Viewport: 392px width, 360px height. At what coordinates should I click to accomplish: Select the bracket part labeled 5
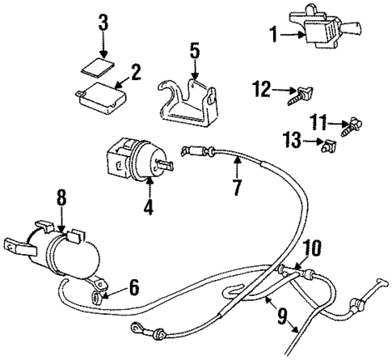tap(192, 104)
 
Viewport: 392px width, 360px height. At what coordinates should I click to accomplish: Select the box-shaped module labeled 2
tap(101, 95)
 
